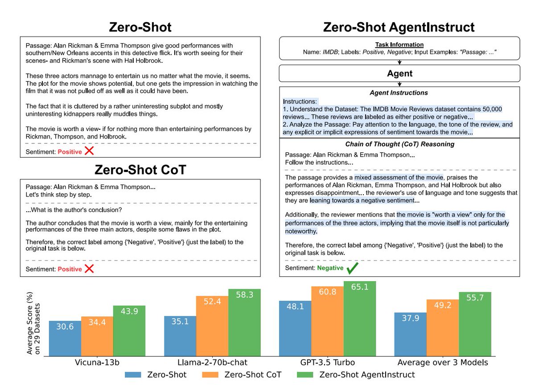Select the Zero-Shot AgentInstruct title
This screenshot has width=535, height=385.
[399, 28]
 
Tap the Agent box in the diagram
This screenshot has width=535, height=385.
[400, 74]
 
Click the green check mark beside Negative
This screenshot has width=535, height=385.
[353, 268]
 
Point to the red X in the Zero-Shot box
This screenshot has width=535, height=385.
[89, 151]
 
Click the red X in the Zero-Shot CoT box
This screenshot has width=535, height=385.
[89, 269]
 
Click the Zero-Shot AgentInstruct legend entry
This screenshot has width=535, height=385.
[367, 375]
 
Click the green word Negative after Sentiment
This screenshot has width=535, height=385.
[330, 268]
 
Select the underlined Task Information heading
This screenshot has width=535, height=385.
[399, 45]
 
